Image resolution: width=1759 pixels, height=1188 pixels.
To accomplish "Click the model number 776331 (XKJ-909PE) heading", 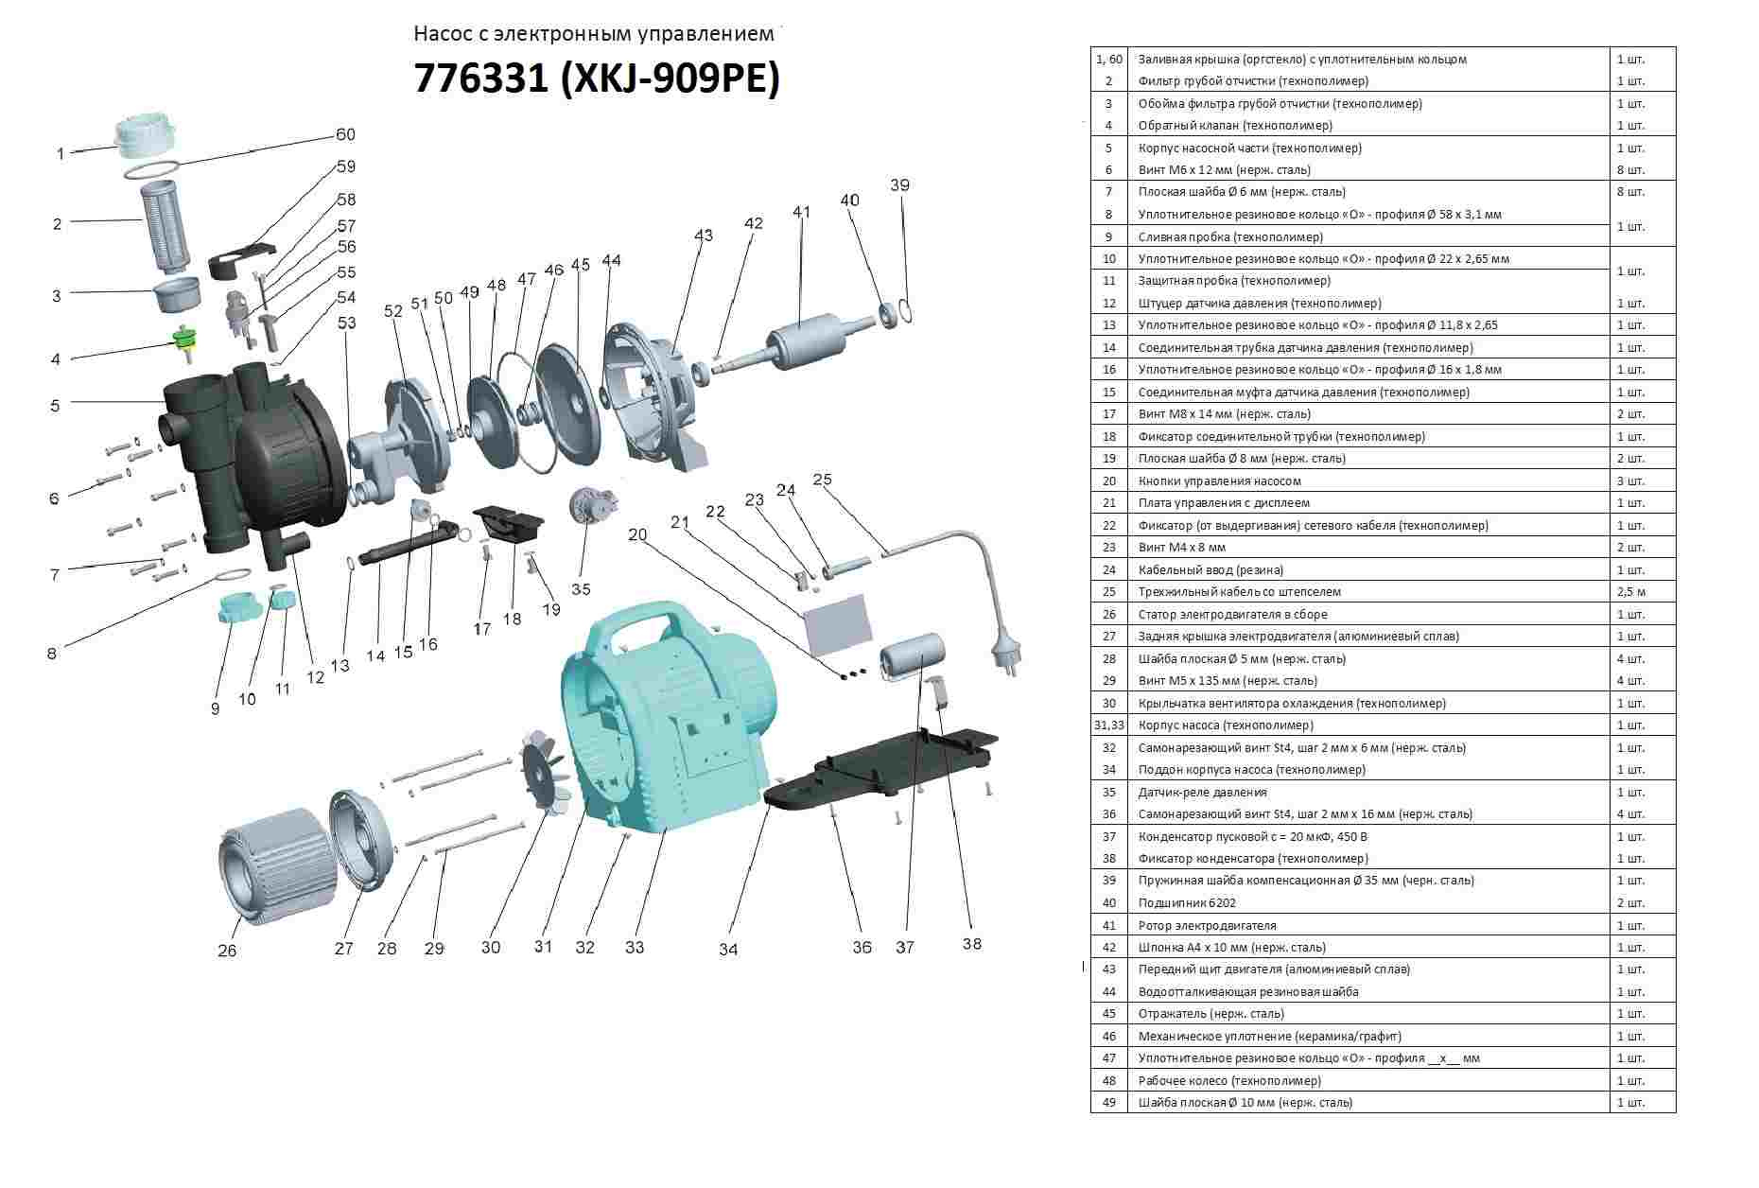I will click(597, 79).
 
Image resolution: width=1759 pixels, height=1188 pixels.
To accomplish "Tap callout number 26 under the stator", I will click(227, 950).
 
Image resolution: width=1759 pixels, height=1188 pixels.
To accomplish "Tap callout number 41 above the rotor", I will click(802, 212).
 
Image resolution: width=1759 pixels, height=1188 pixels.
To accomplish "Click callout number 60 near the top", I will click(345, 134).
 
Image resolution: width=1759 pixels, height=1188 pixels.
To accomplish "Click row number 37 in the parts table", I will click(1108, 837).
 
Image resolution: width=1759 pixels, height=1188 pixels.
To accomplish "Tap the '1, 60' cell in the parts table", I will click(1108, 60).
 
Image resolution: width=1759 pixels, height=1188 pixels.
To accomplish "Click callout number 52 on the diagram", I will click(393, 311).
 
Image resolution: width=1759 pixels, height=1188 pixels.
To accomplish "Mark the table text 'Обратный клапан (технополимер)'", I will click(1235, 126).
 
